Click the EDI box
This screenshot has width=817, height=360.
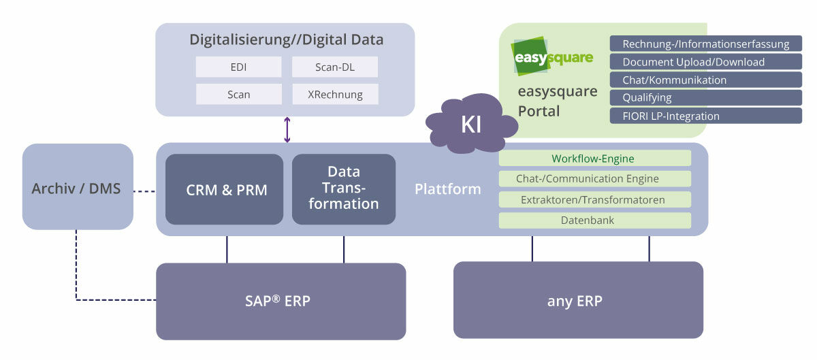click(x=238, y=67)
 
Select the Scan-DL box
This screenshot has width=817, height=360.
click(x=335, y=67)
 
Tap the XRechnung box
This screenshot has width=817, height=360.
click(x=335, y=95)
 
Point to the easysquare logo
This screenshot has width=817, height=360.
click(x=552, y=56)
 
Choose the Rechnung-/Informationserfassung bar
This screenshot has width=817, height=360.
click(x=705, y=44)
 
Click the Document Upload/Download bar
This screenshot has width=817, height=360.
click(x=705, y=62)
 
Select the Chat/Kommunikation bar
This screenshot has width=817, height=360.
click(x=705, y=80)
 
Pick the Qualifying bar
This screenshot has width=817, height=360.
click(x=705, y=97)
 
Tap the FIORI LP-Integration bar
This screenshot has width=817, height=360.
click(x=705, y=116)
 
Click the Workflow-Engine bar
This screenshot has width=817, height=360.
click(x=594, y=159)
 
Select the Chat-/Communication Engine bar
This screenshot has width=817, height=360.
click(x=594, y=179)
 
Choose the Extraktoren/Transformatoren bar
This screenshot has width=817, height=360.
click(x=594, y=200)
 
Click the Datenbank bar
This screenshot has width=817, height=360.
click(x=594, y=220)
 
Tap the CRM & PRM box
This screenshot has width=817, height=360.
click(x=224, y=189)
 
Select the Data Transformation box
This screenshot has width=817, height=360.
click(x=344, y=189)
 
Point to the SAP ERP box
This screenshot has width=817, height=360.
click(x=281, y=301)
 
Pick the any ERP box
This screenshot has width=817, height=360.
click(x=578, y=300)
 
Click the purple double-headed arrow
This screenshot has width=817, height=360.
click(x=287, y=130)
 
